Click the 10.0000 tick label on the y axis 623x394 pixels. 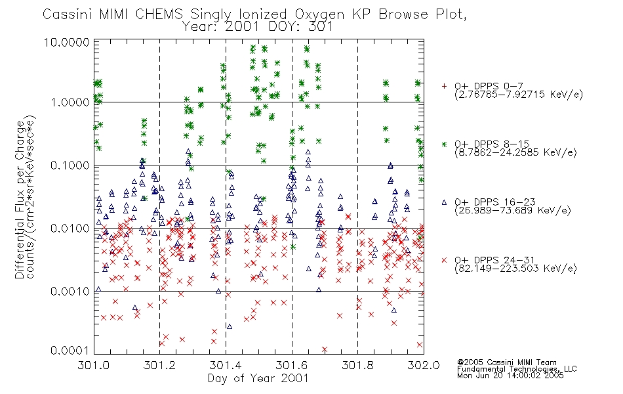point(66,42)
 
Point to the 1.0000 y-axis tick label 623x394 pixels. point(70,102)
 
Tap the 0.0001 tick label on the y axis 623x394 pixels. point(70,350)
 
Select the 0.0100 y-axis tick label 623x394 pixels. point(70,229)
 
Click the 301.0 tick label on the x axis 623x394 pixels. point(94,365)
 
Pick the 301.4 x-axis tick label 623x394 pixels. point(226,365)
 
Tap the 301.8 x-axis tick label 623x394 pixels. point(357,365)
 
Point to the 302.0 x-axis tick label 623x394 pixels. point(424,365)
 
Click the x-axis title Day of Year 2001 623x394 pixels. point(258,378)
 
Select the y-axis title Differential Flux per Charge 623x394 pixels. point(20,200)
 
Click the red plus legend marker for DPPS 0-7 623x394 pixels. point(444,86)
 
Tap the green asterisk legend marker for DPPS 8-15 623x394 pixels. point(444,144)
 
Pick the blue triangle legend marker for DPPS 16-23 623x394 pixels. point(444,202)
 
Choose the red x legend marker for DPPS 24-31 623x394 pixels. point(444,260)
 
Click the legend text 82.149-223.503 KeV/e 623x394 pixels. point(515,269)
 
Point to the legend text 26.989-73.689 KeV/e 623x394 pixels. point(513,211)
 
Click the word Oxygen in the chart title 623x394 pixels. point(319,14)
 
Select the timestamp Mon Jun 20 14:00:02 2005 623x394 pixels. point(510,376)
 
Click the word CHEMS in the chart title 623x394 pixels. point(159,14)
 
